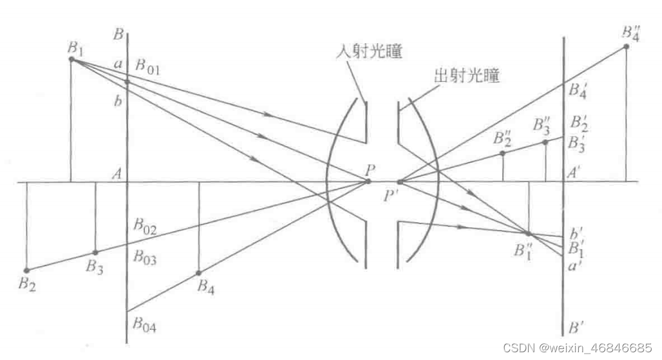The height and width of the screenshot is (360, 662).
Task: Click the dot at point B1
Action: [71, 59]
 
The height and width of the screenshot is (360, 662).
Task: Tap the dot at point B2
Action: [26, 270]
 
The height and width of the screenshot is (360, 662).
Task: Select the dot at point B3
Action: [95, 252]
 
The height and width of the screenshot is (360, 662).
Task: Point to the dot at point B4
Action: [198, 273]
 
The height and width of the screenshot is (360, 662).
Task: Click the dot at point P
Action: [368, 182]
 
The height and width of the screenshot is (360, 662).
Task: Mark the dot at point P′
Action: [400, 182]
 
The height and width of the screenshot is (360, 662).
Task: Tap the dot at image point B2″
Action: [502, 153]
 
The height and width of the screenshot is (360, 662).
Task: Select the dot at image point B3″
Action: [546, 142]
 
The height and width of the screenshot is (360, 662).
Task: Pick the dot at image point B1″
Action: [527, 233]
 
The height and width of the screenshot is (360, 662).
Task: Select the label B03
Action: [145, 256]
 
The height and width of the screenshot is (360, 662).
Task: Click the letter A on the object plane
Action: [118, 173]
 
